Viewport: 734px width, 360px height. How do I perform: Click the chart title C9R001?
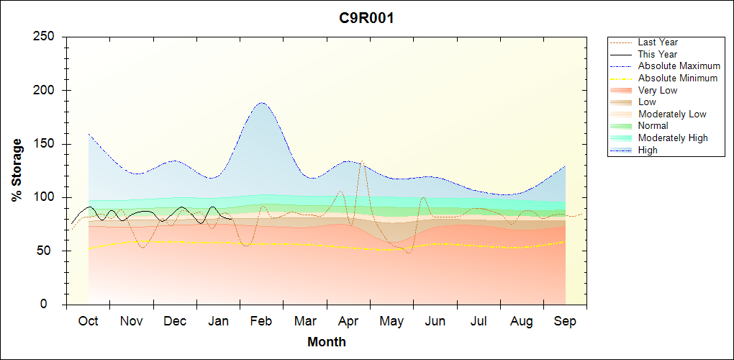coord(366,18)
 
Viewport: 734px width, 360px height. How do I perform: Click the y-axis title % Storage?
coord(17,170)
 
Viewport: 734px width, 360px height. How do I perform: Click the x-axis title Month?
coord(327,342)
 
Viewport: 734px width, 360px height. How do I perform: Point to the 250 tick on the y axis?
coord(45,37)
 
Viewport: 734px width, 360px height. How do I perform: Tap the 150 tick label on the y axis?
coord(45,144)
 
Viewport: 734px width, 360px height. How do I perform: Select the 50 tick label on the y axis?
coord(49,251)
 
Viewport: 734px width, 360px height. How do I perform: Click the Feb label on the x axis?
coord(261,321)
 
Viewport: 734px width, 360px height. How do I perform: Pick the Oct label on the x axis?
coord(89,321)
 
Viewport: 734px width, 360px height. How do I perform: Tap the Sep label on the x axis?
coord(565,321)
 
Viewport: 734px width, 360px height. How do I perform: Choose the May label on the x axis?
coord(391,321)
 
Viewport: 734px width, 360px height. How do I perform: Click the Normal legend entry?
coord(653,125)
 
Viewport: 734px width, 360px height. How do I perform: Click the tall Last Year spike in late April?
coord(361,162)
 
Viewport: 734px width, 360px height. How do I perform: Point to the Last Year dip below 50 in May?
coord(409,253)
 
